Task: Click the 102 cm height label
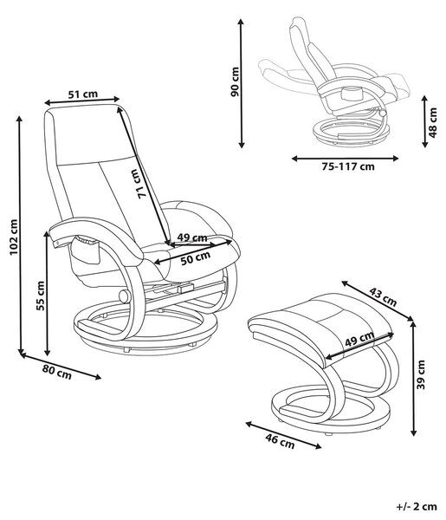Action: click(x=13, y=237)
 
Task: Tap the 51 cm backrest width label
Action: click(x=83, y=94)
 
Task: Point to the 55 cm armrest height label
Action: click(x=41, y=296)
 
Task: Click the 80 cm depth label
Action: click(x=56, y=372)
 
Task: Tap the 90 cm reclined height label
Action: click(x=235, y=81)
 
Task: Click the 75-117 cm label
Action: click(x=348, y=166)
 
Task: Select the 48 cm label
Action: click(x=432, y=122)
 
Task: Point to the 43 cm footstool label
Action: click(x=383, y=296)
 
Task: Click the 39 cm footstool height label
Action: click(x=421, y=374)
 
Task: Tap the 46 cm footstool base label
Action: click(x=280, y=441)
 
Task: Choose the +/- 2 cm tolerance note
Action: click(x=417, y=506)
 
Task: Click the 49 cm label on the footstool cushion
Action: click(x=359, y=339)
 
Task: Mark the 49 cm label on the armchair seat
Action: click(x=192, y=237)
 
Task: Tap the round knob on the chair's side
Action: click(x=125, y=296)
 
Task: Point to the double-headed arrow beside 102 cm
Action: click(x=21, y=236)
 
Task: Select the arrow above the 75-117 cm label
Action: click(x=345, y=159)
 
